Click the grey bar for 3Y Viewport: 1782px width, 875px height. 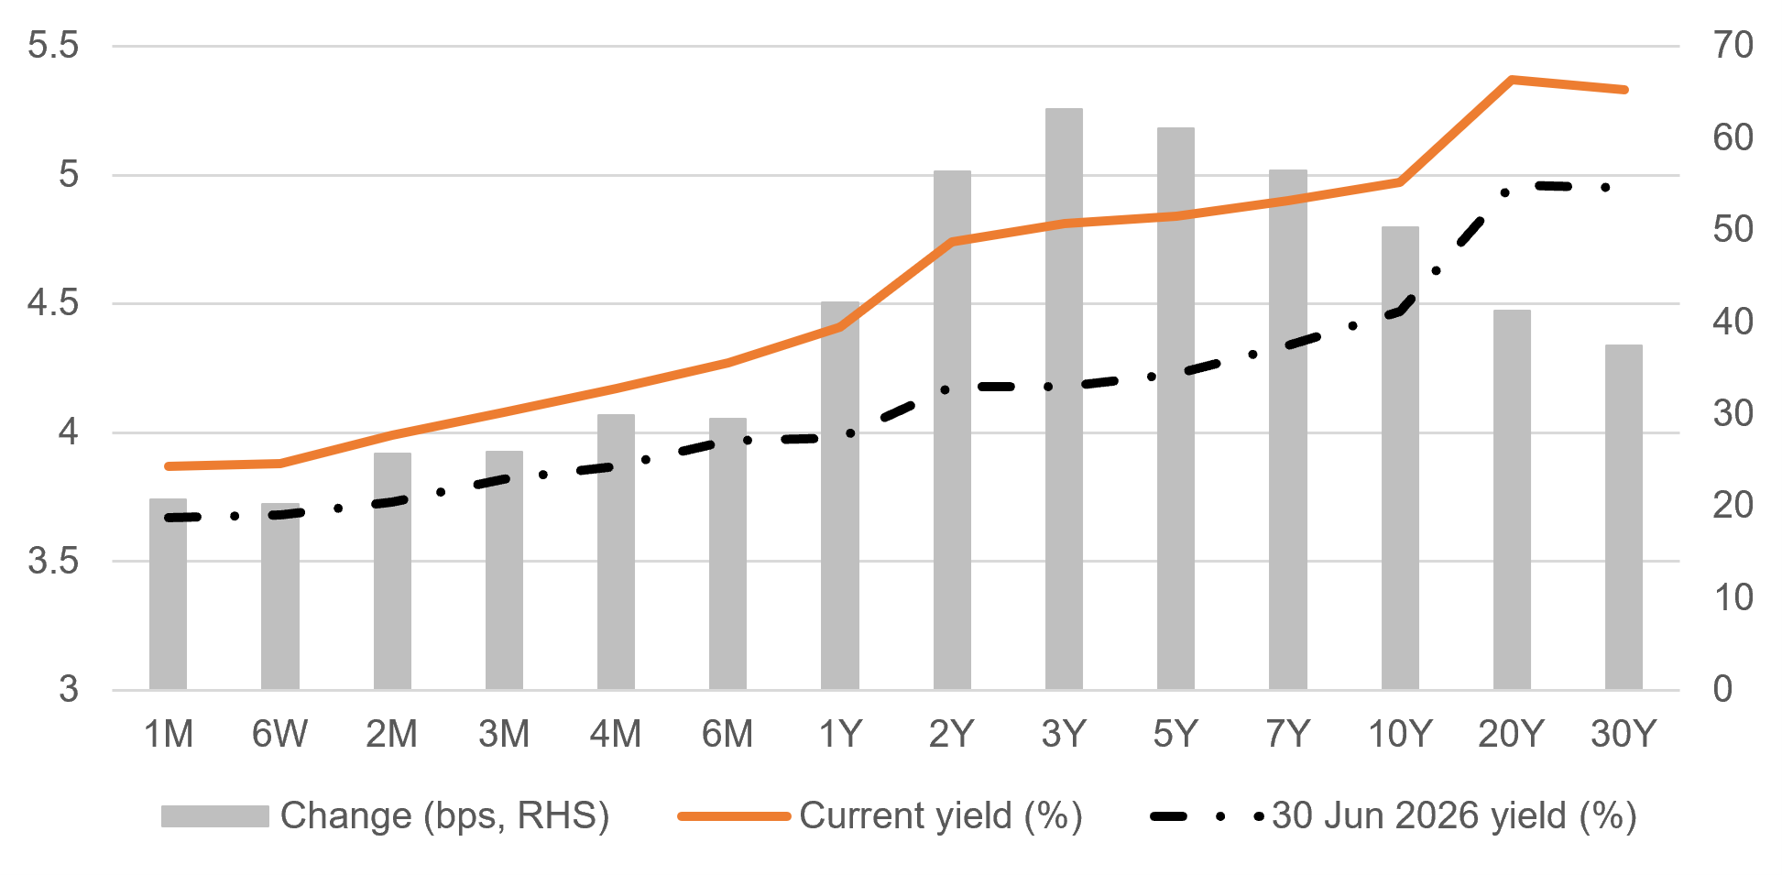[x=1064, y=399]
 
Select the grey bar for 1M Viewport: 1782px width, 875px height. [x=169, y=594]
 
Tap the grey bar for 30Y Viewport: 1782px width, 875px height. [x=1623, y=517]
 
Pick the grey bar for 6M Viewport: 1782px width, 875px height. [x=727, y=553]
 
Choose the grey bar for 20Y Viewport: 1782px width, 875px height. [x=1512, y=499]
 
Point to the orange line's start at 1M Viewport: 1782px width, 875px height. [x=169, y=466]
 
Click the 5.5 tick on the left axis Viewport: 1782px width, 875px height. [x=53, y=46]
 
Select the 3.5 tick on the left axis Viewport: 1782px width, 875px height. [x=53, y=561]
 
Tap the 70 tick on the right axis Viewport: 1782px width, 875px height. [x=1733, y=46]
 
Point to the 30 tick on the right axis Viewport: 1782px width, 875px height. [x=1733, y=413]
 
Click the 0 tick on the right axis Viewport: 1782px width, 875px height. [x=1722, y=689]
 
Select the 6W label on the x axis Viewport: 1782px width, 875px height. [x=280, y=734]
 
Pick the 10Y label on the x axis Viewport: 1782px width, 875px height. [x=1400, y=734]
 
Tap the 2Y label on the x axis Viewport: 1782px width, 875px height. [x=952, y=734]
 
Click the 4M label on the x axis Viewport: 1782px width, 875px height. [x=616, y=734]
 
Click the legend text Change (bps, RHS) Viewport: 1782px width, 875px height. [x=445, y=815]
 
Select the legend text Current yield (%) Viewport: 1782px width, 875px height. [x=941, y=815]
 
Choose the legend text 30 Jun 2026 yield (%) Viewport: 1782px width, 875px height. [x=1454, y=815]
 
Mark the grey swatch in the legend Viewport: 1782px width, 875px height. [x=215, y=815]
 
